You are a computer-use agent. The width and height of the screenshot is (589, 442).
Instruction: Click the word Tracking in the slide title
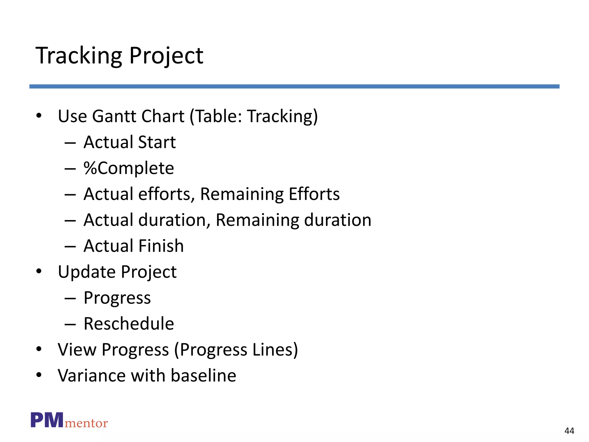[79, 56]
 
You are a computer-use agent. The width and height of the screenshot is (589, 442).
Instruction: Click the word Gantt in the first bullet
[114, 116]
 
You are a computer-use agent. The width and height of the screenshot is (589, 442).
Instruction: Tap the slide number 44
[569, 431]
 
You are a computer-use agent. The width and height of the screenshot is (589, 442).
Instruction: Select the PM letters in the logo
[47, 420]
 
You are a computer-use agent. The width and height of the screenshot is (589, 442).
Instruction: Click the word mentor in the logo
[86, 423]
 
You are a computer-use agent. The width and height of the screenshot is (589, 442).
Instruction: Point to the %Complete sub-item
[129, 168]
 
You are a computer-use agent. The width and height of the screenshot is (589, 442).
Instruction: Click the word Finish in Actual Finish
[161, 246]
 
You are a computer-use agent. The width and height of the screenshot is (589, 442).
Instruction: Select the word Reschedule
[129, 324]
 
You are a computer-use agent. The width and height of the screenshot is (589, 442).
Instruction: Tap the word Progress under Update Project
[117, 298]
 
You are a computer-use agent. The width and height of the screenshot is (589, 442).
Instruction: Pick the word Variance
[91, 376]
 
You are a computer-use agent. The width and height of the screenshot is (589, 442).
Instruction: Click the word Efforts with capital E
[314, 194]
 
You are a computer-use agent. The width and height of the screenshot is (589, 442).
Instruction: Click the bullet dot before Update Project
[39, 271]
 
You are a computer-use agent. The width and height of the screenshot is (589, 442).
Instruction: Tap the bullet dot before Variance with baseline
[39, 375]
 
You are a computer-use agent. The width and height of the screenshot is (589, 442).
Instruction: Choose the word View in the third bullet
[77, 350]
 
